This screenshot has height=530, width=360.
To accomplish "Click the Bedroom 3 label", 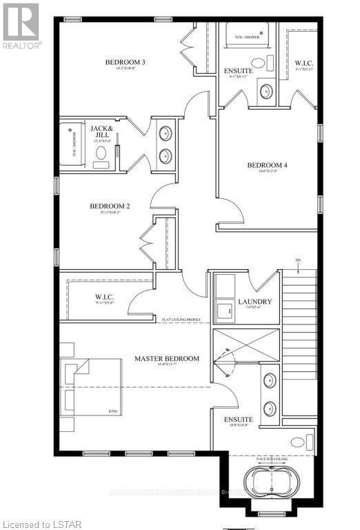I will [120, 63].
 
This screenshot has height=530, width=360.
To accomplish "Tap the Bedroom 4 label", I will [267, 165].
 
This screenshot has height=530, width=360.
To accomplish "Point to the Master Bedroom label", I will [167, 358].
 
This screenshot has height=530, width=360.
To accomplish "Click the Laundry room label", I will [255, 302].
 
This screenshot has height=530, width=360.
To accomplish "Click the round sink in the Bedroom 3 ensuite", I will [264, 90].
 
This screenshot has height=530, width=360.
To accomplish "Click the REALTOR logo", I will [21, 24].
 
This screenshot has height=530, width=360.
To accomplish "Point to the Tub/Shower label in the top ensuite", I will [247, 37].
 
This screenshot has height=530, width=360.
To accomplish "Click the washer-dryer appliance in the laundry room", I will [225, 311].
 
